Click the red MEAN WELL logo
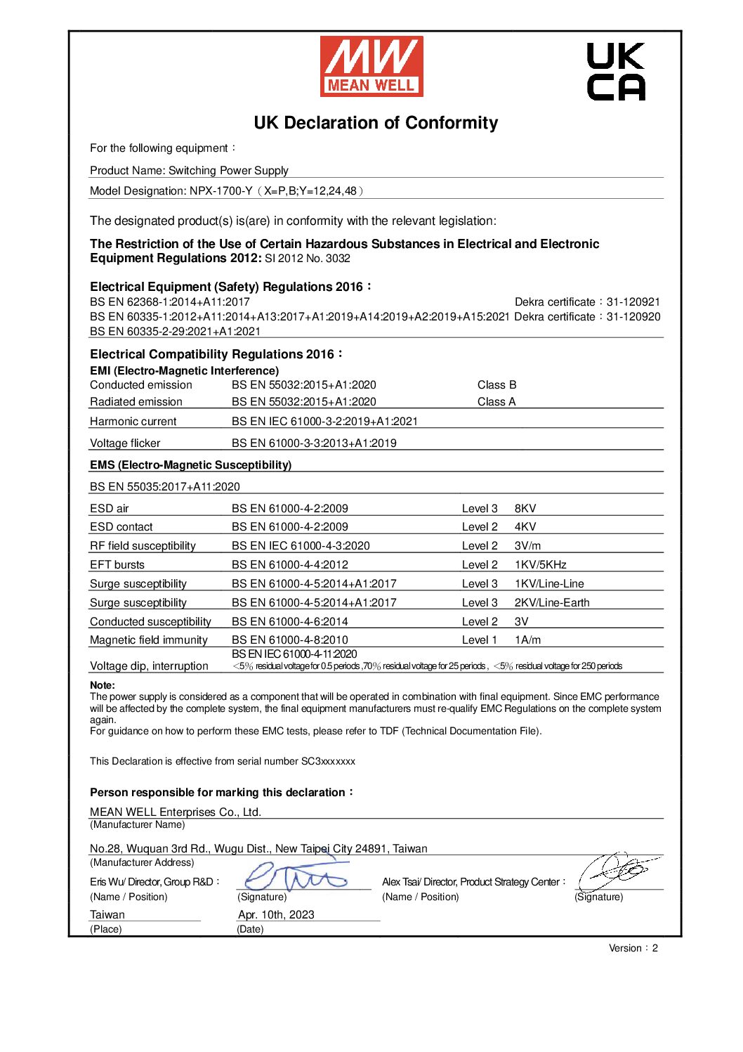click(x=371, y=66)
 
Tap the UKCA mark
click(x=615, y=72)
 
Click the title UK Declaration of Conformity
click(x=376, y=123)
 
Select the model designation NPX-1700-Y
click(x=221, y=191)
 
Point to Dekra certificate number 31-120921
click(x=633, y=302)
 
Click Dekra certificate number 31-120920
click(x=633, y=317)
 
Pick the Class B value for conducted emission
click(x=497, y=385)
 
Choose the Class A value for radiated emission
click(x=497, y=402)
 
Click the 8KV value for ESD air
click(x=525, y=509)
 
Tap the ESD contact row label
click(x=121, y=527)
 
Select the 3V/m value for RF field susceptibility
click(x=527, y=546)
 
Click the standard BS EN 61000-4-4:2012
click(x=290, y=565)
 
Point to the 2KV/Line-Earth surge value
click(x=552, y=603)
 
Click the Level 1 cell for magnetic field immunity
click(x=479, y=640)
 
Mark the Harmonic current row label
click(x=133, y=422)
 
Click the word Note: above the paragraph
click(x=103, y=685)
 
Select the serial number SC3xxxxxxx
click(x=328, y=761)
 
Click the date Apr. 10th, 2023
click(x=276, y=915)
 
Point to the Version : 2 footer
click(x=633, y=948)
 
